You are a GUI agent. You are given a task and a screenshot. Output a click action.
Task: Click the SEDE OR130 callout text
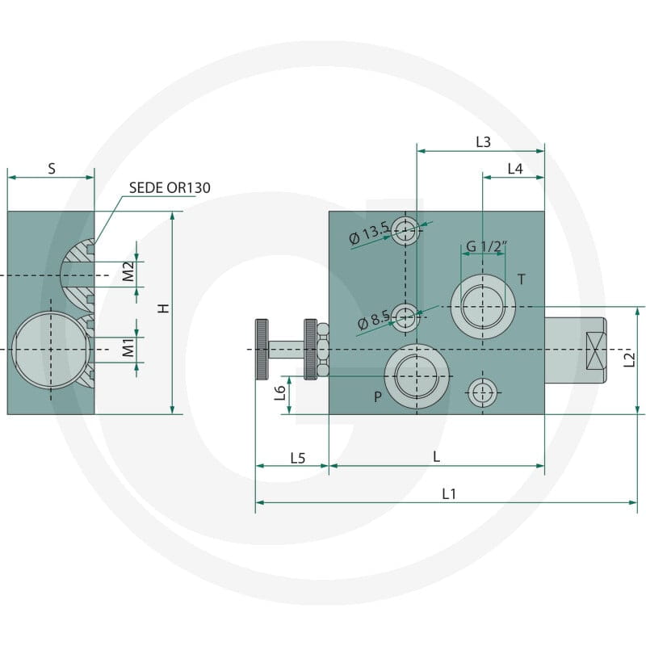170,188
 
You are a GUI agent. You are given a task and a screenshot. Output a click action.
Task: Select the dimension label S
52,169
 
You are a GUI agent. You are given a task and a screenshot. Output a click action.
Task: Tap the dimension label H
164,308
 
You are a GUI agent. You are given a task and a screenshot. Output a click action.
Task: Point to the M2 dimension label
128,271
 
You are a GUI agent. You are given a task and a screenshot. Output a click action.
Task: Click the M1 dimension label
128,348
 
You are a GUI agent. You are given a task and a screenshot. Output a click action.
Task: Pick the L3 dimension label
483,142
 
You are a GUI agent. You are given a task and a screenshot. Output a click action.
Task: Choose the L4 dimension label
515,169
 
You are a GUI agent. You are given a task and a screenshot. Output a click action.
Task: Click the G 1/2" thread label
486,246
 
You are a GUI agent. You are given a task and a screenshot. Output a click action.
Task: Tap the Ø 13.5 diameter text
369,233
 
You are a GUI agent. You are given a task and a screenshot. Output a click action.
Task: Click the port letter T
522,279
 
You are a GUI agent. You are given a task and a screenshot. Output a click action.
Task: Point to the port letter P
378,396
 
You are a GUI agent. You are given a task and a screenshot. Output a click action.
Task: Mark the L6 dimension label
280,393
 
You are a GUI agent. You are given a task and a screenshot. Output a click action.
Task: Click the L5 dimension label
298,458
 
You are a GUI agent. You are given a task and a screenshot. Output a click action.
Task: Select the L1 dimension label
449,493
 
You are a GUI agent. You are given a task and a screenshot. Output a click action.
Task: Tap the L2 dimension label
629,359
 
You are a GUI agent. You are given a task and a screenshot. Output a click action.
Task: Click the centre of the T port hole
483,307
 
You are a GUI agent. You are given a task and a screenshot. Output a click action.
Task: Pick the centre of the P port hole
417,376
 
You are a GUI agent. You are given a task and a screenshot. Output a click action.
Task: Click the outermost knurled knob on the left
262,350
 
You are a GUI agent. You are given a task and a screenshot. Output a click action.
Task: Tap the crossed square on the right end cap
596,350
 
